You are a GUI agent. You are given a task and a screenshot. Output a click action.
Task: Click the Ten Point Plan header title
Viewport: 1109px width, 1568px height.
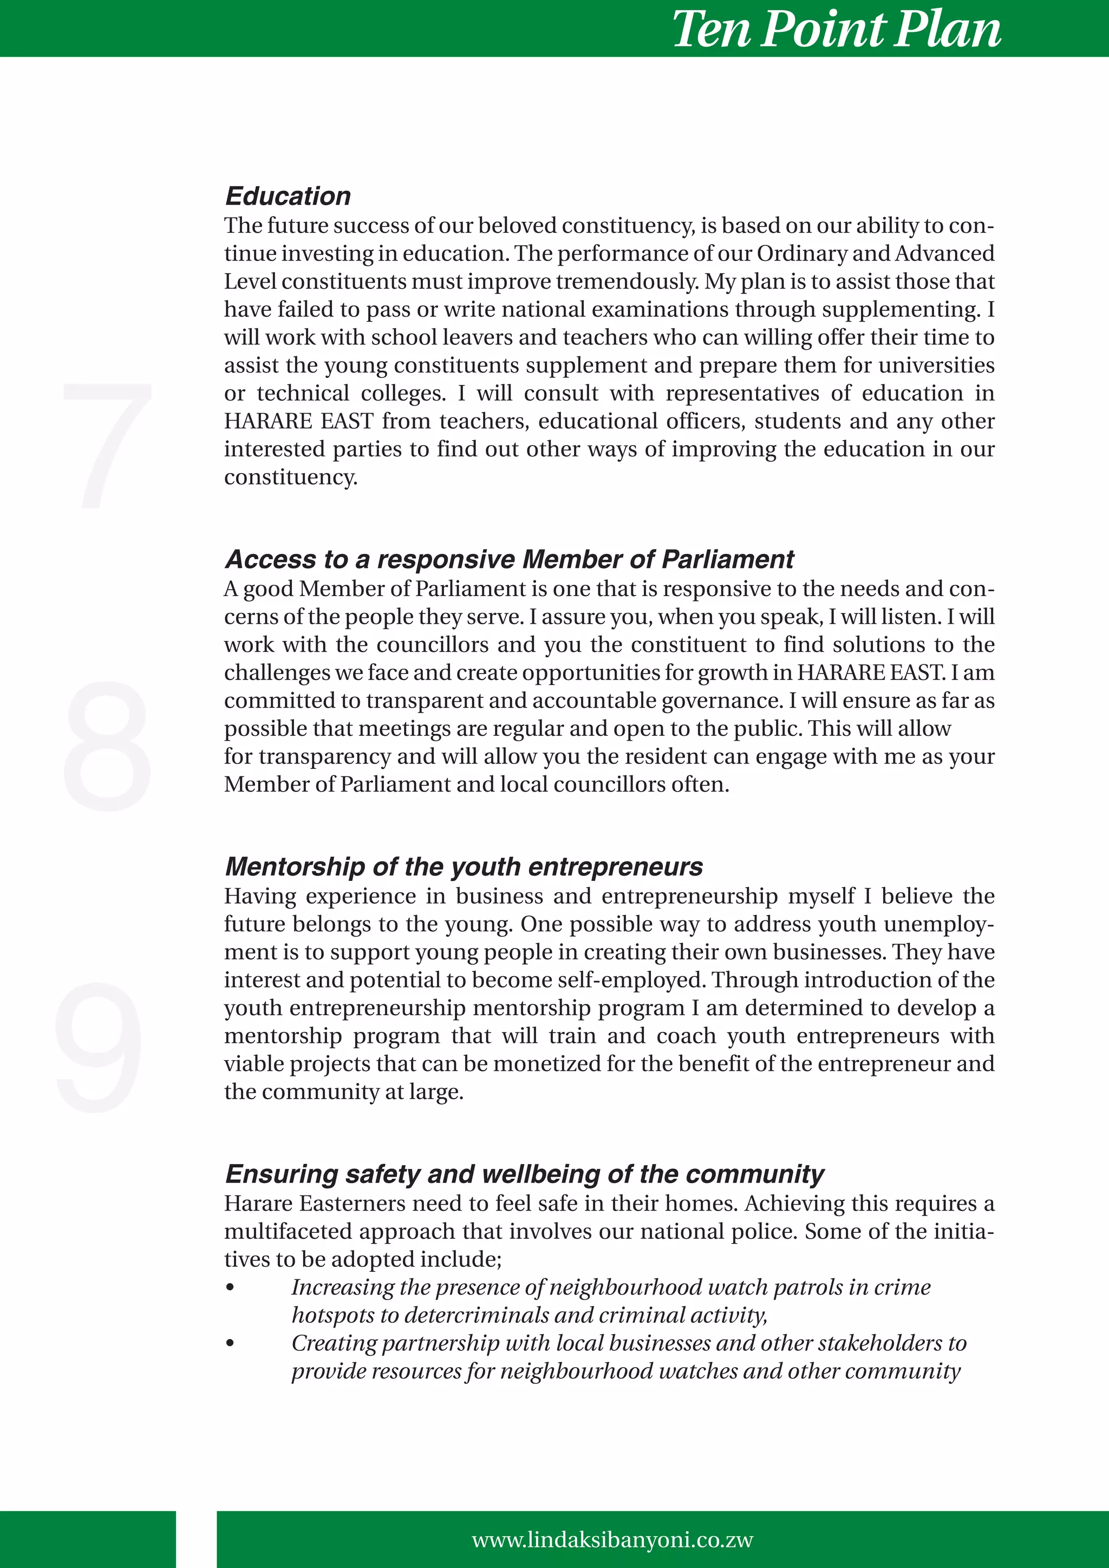[x=836, y=29]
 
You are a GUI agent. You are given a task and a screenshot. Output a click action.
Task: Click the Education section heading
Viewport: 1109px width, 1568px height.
[x=288, y=196]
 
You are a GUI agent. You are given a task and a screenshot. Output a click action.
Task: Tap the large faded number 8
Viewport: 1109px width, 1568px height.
[x=107, y=746]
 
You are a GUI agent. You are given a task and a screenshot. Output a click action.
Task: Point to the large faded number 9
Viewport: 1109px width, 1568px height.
[x=100, y=1046]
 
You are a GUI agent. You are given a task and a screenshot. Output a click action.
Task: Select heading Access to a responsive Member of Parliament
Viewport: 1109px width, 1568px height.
[x=509, y=559]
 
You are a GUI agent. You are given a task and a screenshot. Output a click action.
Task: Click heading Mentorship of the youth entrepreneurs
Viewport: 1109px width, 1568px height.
[x=464, y=867]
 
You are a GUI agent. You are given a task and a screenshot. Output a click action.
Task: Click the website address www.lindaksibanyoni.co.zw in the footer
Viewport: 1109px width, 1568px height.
[x=612, y=1540]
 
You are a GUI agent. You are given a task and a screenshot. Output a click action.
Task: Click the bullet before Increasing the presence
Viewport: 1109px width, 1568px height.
[x=230, y=1288]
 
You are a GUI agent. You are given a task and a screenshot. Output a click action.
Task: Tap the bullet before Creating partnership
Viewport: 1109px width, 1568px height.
[x=230, y=1343]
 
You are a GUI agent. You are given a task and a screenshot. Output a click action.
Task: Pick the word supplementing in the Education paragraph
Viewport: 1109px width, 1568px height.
[x=900, y=309]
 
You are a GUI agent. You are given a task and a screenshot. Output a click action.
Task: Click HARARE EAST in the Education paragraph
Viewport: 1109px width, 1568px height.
[x=298, y=421]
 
